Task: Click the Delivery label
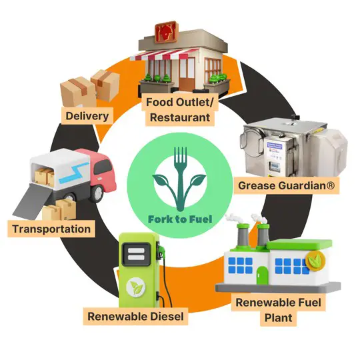87,116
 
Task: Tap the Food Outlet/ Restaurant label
180,110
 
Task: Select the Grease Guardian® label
286,185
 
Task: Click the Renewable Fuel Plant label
278,310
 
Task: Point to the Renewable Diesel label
136,317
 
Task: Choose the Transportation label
51,229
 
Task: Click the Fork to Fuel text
180,219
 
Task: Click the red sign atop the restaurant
165,32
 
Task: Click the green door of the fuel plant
263,275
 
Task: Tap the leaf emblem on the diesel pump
136,287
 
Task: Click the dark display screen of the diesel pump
136,254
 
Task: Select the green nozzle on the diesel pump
161,251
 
